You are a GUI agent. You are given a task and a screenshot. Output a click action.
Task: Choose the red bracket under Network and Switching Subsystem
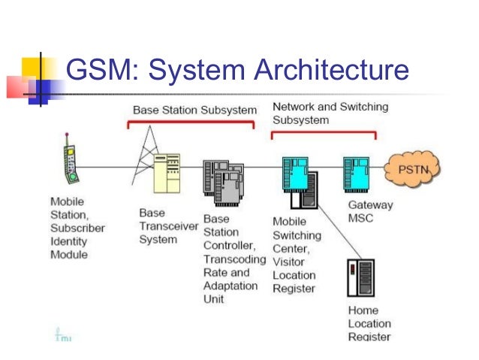tap(323, 135)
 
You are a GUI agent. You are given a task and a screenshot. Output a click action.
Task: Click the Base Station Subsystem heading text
tap(194, 110)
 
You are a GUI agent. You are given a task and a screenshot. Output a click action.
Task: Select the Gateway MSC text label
tap(370, 211)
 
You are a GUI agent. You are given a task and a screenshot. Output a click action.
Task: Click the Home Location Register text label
tap(369, 323)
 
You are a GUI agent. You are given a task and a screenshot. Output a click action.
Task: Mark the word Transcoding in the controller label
tap(234, 259)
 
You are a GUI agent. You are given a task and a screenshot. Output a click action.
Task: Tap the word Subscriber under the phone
tap(77, 228)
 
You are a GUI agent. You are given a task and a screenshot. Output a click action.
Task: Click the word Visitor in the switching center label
tap(289, 262)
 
